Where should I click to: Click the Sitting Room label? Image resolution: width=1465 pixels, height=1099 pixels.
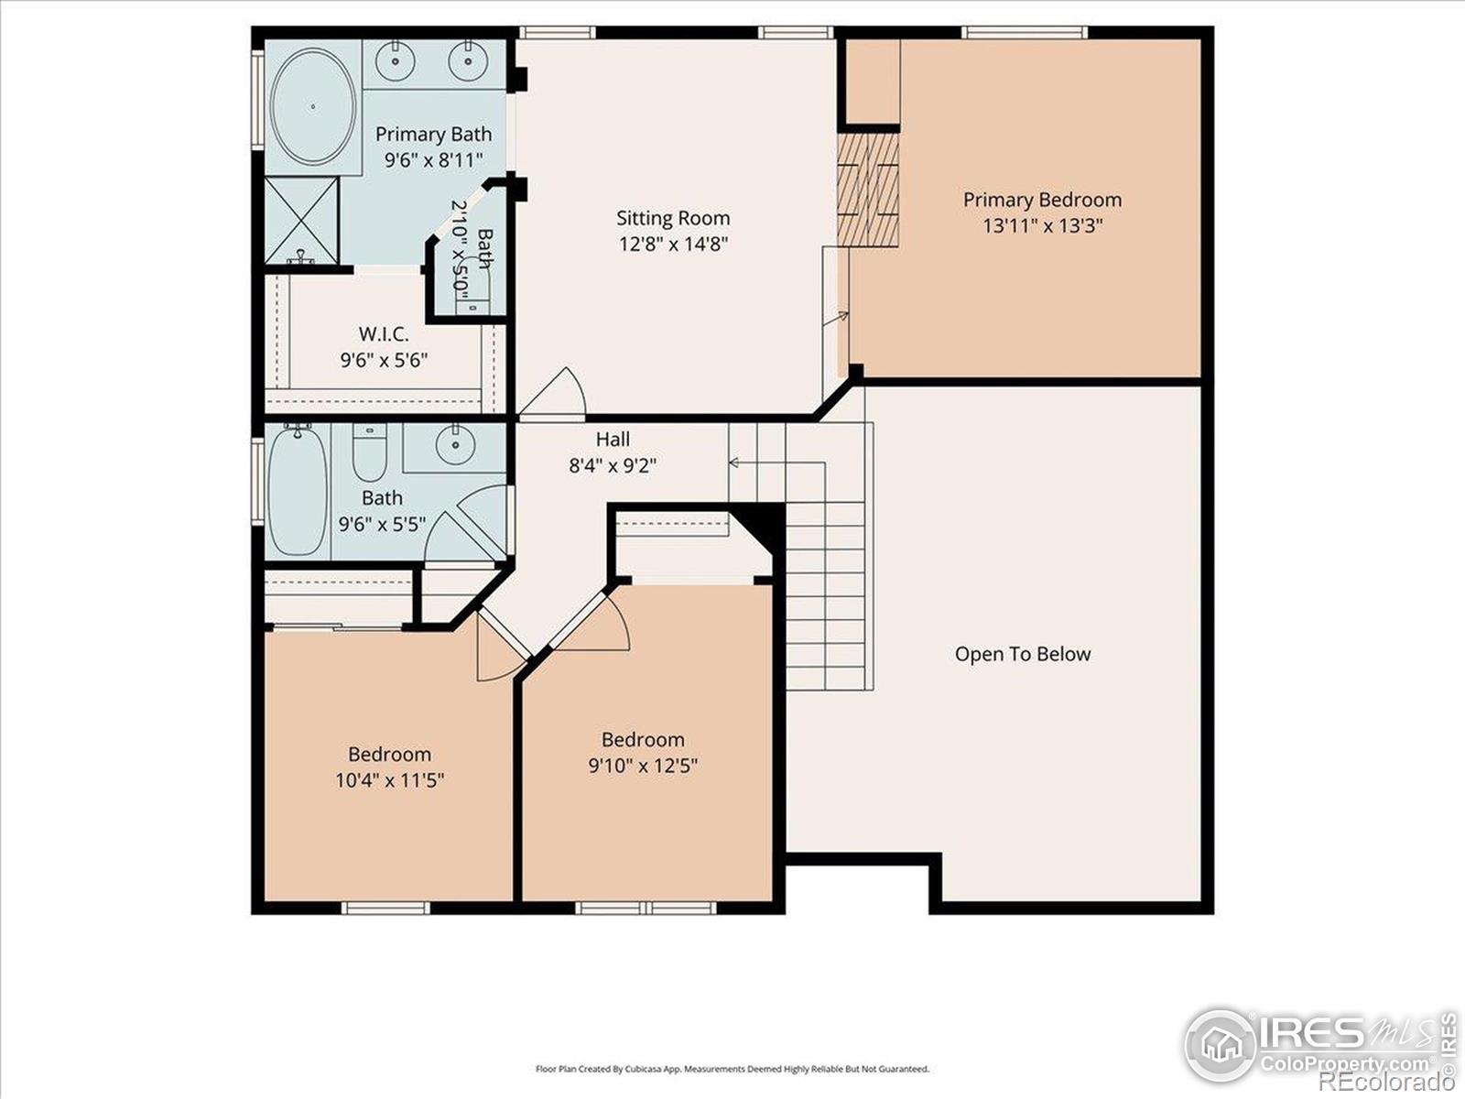click(673, 218)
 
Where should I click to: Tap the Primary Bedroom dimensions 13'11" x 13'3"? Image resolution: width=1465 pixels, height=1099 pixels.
click(1042, 225)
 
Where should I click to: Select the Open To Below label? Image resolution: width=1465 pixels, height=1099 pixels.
click(1023, 654)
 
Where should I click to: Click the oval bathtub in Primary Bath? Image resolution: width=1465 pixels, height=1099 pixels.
click(313, 106)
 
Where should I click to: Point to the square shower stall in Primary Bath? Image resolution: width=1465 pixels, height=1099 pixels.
click(301, 221)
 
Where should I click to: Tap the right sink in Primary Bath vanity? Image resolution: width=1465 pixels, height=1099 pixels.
click(467, 61)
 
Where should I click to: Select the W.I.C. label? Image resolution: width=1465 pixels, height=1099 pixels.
click(384, 334)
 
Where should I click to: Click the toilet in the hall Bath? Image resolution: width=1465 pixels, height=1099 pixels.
click(370, 453)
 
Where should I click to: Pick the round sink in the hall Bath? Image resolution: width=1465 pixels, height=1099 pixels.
click(454, 445)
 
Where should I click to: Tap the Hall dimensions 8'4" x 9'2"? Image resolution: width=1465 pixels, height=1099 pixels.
click(613, 465)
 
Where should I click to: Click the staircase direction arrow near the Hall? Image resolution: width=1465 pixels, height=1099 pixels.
click(735, 462)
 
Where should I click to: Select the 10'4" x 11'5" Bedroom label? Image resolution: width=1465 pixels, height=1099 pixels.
click(389, 755)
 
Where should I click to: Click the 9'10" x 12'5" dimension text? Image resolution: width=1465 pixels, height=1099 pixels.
click(643, 766)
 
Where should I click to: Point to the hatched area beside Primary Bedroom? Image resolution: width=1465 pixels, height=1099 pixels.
click(867, 190)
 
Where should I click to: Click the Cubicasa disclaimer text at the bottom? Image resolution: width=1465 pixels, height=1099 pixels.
click(732, 1069)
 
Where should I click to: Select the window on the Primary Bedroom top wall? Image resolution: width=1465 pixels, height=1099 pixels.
click(1024, 33)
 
